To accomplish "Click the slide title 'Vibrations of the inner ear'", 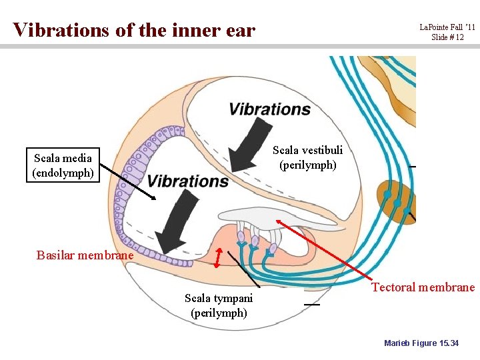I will pos(133,30).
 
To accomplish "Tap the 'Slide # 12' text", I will pos(447,37).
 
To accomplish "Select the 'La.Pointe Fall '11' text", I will pos(447,27).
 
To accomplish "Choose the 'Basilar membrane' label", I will pos(85,255).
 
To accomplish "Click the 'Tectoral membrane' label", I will pos(423,287).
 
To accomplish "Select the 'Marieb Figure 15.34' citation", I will pos(421,343).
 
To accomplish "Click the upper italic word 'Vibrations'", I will pos(269,109).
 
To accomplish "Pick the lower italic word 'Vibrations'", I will pos(187,181).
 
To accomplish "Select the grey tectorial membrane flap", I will pos(253,215).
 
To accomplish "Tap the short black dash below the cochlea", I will pos(311,304).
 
